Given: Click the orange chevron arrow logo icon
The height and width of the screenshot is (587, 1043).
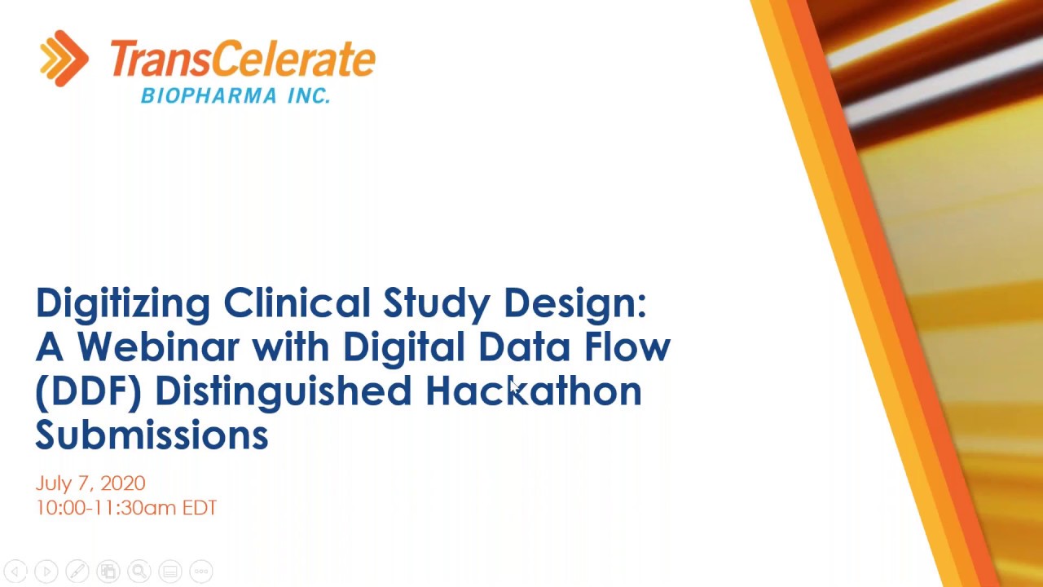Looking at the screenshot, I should [x=64, y=58].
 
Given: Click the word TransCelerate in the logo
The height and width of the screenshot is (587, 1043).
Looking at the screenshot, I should [x=242, y=60].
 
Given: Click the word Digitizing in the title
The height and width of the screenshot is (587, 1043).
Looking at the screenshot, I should [x=123, y=303].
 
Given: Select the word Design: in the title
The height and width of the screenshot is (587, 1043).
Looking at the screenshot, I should [x=574, y=303].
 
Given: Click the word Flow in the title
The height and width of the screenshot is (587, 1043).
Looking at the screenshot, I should [x=627, y=346].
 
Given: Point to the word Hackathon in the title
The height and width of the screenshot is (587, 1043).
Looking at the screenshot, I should [x=534, y=391].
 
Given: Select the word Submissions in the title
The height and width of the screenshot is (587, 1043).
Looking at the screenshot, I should [x=152, y=435].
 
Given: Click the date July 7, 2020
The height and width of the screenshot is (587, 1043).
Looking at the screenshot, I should [x=90, y=483].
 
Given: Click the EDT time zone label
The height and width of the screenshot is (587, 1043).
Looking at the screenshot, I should [x=200, y=508].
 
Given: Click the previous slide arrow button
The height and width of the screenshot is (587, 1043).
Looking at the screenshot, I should [x=15, y=572].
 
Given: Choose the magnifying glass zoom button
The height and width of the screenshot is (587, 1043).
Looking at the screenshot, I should [x=139, y=572].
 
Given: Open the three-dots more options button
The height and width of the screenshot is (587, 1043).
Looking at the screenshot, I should [x=201, y=572].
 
